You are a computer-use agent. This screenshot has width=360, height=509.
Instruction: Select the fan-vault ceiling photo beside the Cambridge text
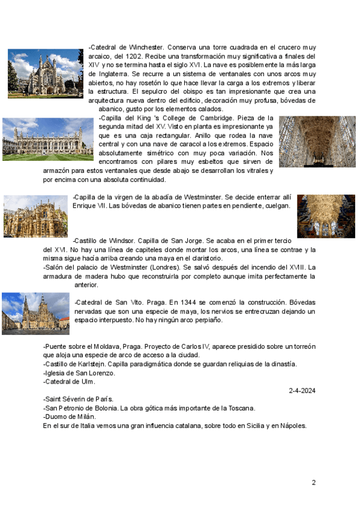coord(317,142)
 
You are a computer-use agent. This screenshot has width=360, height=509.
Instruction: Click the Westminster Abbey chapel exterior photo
coord(35,216)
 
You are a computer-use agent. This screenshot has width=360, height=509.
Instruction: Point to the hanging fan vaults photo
coord(326,215)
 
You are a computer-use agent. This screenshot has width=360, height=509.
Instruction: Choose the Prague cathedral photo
coord(35,313)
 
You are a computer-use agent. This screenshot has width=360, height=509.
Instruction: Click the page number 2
coord(313,482)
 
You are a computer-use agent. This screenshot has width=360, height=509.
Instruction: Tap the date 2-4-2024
coord(302,390)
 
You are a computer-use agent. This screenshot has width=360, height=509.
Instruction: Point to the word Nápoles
coord(292,426)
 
